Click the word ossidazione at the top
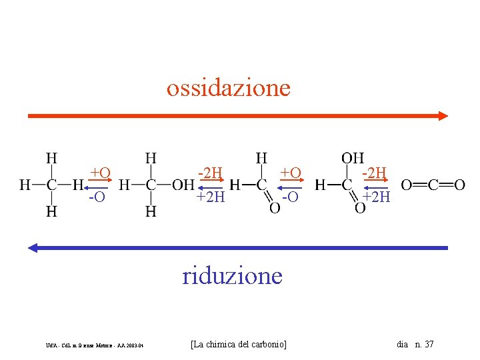click(229, 88)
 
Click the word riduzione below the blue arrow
click(232, 275)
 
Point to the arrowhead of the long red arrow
click(443, 115)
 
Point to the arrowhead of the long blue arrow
click(33, 248)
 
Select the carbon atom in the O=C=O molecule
click(433, 185)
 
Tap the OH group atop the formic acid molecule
click(353, 159)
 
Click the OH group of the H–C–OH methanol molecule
click(183, 185)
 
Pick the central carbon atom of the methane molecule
click(51, 185)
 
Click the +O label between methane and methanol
click(100, 173)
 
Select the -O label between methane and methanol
click(97, 197)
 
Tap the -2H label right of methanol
click(210, 173)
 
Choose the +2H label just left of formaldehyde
click(210, 197)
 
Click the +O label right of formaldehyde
click(291, 173)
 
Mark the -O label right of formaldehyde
click(290, 197)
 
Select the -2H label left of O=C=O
click(374, 173)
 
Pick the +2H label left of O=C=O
click(377, 197)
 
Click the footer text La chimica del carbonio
click(238, 344)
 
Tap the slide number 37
click(428, 344)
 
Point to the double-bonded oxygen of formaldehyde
click(274, 208)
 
